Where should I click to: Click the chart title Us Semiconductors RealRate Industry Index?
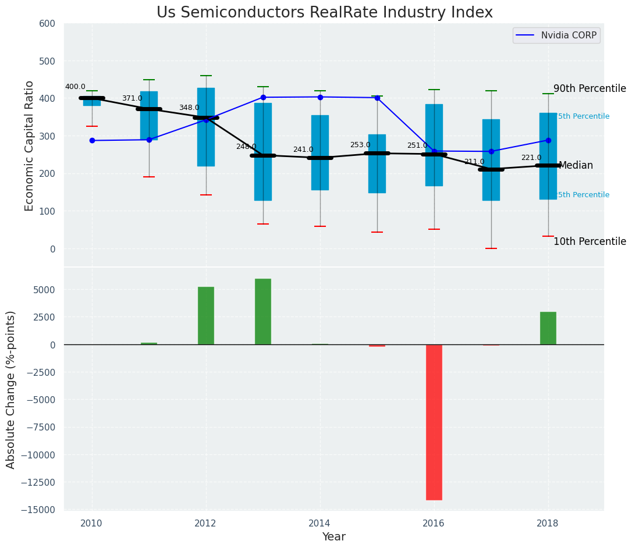[x=324, y=13]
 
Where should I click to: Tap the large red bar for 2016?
[x=434, y=422]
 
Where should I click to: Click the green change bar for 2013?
[x=263, y=312]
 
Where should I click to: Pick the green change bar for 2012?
[x=206, y=316]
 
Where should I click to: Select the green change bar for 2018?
[x=548, y=328]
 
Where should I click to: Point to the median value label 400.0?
[x=75, y=87]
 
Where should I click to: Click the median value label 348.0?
[x=189, y=108]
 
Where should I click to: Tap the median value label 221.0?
[x=531, y=158]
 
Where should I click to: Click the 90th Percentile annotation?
[x=590, y=89]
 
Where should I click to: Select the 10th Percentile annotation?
[x=590, y=242]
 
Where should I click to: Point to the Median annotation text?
[x=576, y=166]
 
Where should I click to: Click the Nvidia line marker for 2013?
[x=263, y=97]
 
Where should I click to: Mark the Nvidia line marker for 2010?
[x=92, y=140]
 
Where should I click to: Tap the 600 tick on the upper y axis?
[x=47, y=24]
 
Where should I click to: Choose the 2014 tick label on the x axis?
[x=319, y=523]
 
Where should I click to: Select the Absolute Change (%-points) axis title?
[x=11, y=389]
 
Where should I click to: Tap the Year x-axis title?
[x=333, y=537]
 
